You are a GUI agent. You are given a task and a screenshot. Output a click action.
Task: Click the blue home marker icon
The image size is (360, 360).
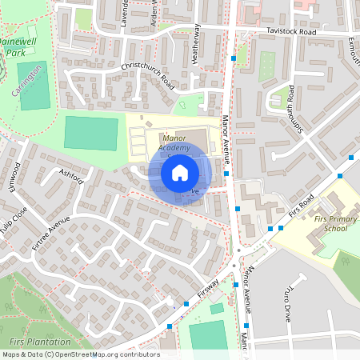[x=180, y=172]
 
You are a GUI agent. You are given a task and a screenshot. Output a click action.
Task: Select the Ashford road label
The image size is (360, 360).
[x=71, y=175]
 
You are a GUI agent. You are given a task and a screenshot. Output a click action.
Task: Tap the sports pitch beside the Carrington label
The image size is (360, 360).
[x=33, y=86]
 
